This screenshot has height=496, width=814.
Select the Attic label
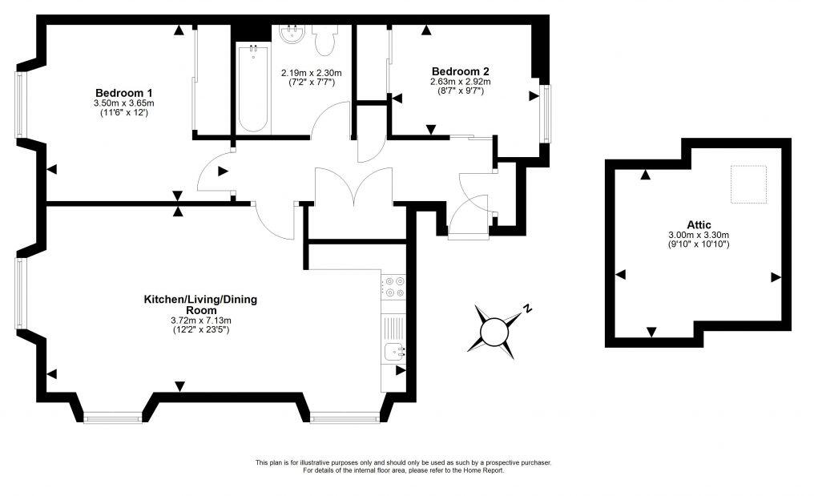(x=699, y=224)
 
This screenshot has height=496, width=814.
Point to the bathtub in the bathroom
(x=253, y=88)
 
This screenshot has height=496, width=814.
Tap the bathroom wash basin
(x=292, y=34)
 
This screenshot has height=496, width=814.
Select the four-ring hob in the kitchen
(x=393, y=287)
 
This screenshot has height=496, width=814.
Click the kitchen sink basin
(x=394, y=350)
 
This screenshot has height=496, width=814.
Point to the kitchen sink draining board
(x=393, y=326)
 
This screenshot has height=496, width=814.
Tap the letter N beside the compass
(x=527, y=307)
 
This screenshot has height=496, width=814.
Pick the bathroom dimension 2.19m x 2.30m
(x=308, y=72)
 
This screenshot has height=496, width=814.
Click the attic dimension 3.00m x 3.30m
(x=699, y=235)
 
